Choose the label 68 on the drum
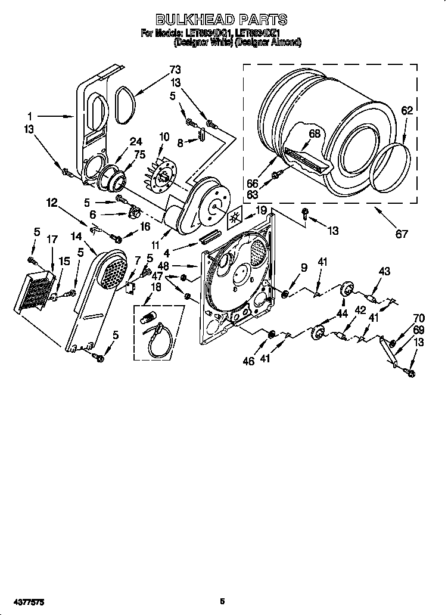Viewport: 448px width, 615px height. (x=314, y=133)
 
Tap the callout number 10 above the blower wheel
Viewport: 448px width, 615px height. (x=164, y=137)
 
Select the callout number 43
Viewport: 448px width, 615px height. (x=384, y=271)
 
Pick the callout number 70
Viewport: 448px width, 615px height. (x=419, y=318)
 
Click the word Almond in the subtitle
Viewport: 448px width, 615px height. (x=285, y=42)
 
